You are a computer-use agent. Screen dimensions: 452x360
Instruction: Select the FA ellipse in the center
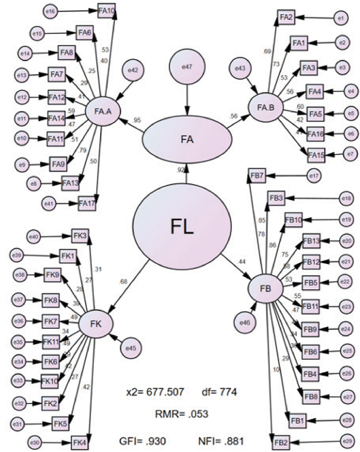(x=186, y=140)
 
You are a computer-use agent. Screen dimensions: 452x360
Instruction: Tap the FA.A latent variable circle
(x=102, y=111)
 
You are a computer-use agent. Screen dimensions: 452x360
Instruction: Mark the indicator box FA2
(x=286, y=18)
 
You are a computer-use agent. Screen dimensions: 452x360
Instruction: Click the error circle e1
(x=340, y=19)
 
